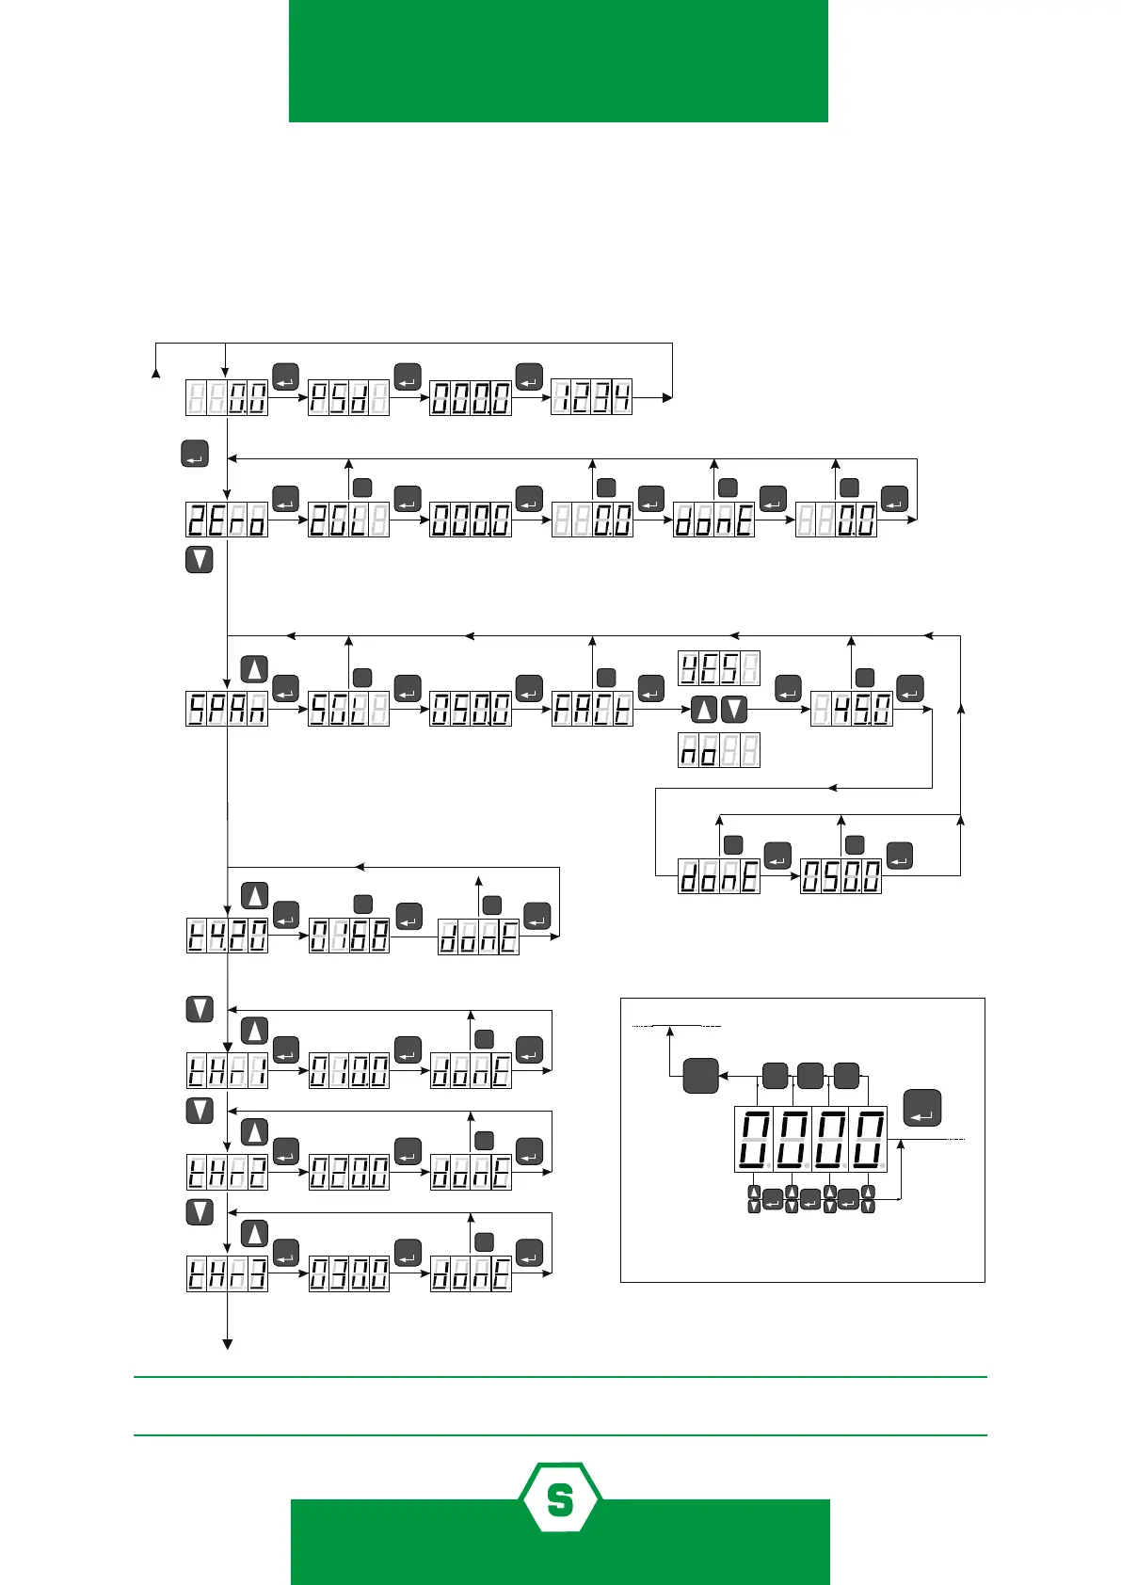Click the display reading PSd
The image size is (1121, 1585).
[x=348, y=398]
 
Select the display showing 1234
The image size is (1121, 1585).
[x=591, y=398]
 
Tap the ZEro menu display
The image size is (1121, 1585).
[x=227, y=520]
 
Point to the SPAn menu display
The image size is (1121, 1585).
[x=227, y=709]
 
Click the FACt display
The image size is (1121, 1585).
[x=592, y=709]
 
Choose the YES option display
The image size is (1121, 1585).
[x=718, y=667]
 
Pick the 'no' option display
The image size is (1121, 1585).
[x=718, y=750]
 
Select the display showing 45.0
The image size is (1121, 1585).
[x=851, y=709]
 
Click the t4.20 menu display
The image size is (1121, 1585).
[x=227, y=936]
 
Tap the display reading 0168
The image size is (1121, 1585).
[x=349, y=936]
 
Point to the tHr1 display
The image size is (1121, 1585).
[x=227, y=1071]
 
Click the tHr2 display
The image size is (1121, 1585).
[x=227, y=1173]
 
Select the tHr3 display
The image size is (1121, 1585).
[x=227, y=1274]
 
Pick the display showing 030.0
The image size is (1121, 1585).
[x=349, y=1274]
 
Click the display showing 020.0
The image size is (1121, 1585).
[x=349, y=1173]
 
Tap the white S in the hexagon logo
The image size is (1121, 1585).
[x=560, y=1500]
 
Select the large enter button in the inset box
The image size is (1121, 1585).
[x=922, y=1107]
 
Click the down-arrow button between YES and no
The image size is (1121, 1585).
[x=734, y=709]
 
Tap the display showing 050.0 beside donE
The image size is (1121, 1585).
[x=841, y=877]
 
